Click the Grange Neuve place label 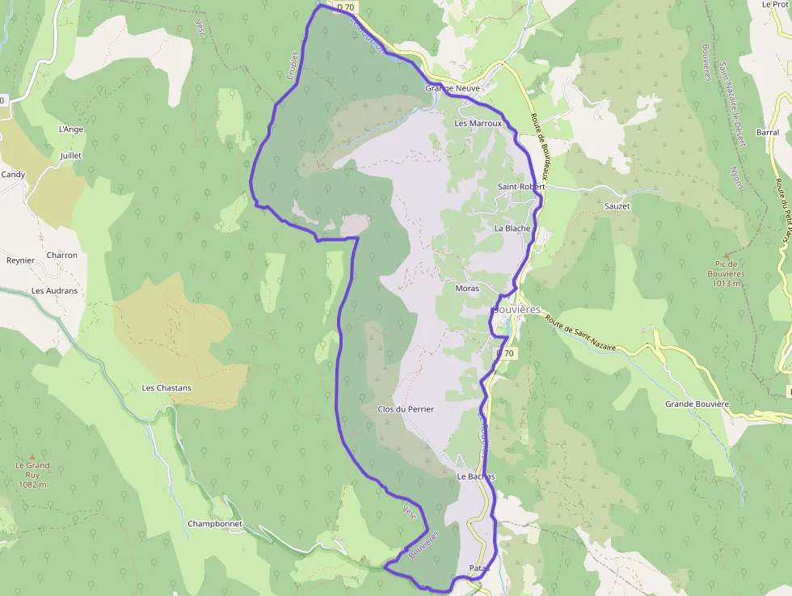click(x=453, y=88)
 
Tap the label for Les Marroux click(x=478, y=124)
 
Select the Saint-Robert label click(x=521, y=187)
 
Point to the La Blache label click(x=512, y=228)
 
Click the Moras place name click(x=467, y=288)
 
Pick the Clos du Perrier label click(x=406, y=409)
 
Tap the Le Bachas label click(x=475, y=477)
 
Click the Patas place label click(x=479, y=569)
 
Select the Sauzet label click(x=617, y=206)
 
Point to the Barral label click(x=768, y=132)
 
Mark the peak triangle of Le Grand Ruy click(x=32, y=456)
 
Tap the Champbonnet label click(x=215, y=523)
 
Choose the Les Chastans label click(x=166, y=387)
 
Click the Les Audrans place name click(x=55, y=290)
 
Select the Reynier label click(x=21, y=260)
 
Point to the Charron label click(x=62, y=256)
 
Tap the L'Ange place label click(x=71, y=129)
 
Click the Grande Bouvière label click(x=697, y=404)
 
